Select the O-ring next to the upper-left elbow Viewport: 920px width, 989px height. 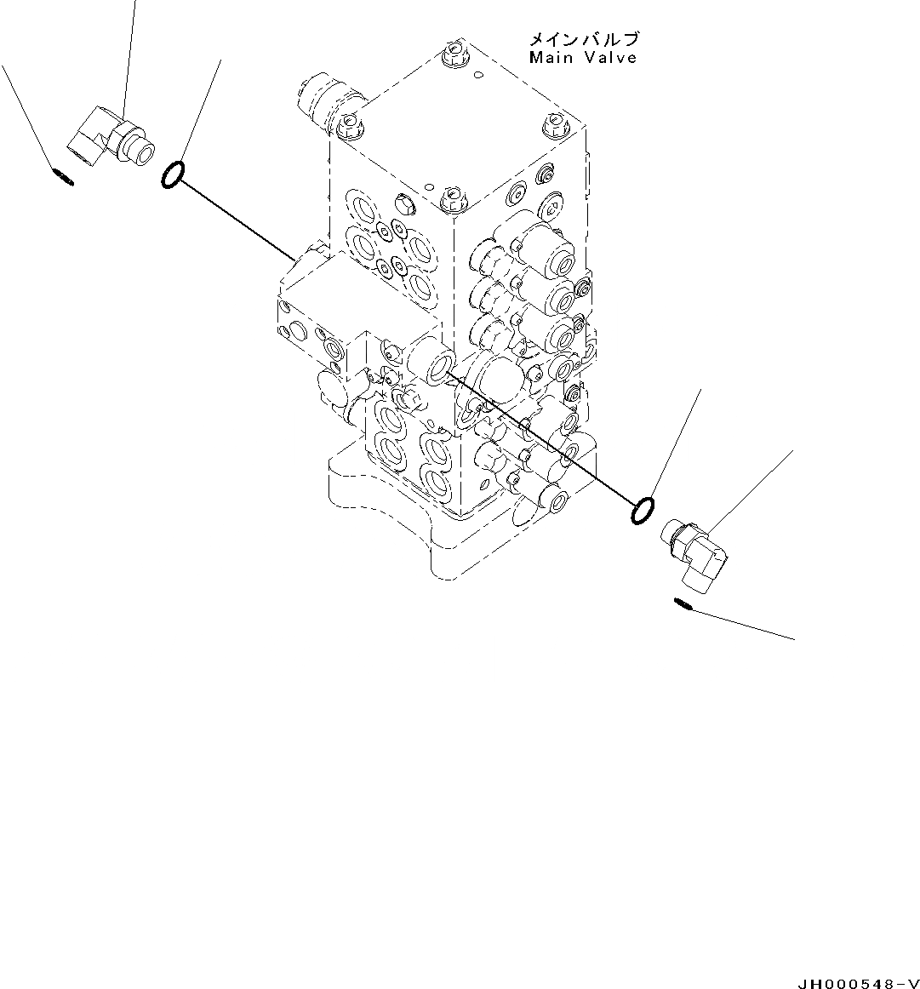(171, 174)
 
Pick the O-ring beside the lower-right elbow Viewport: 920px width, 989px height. (643, 512)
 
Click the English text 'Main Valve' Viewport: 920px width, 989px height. (582, 58)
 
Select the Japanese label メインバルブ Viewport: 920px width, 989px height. (584, 39)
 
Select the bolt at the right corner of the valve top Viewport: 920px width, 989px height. (553, 124)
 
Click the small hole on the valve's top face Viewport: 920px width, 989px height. (479, 76)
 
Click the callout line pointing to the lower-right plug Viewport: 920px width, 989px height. (740, 624)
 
